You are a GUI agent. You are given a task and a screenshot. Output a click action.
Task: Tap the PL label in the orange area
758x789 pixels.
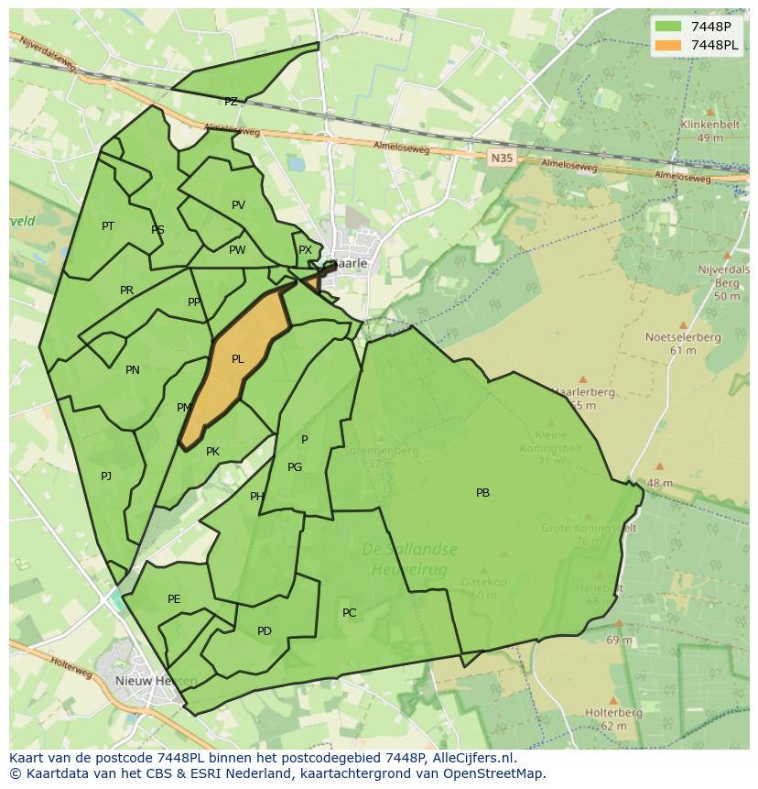pos(238,359)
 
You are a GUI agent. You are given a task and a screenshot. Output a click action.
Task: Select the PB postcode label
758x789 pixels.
pos(482,493)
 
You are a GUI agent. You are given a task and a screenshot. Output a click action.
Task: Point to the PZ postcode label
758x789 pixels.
pos(231,102)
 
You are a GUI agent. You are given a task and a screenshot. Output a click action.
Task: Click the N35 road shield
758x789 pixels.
pos(501,159)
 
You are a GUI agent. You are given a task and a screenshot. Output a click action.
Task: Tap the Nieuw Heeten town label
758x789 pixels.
pos(156,681)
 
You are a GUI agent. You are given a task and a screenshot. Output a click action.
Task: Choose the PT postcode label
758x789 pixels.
pos(108,226)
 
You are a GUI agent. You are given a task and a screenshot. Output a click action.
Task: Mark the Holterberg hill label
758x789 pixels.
pos(613,713)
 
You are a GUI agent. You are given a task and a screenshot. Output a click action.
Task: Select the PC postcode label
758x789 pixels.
pos(349,613)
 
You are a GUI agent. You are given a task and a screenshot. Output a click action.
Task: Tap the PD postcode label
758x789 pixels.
pos(265,631)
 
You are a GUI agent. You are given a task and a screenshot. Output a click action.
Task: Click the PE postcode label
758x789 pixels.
pos(174,599)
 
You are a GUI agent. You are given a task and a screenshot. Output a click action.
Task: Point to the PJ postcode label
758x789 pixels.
pos(106,476)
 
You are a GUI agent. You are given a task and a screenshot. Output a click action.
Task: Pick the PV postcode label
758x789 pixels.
pos(238,205)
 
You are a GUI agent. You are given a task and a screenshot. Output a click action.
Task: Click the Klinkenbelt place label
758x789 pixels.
pos(709,126)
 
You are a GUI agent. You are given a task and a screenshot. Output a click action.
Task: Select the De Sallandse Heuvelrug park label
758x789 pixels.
pos(409,559)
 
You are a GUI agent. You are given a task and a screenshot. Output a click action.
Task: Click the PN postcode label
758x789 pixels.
pos(133,370)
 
